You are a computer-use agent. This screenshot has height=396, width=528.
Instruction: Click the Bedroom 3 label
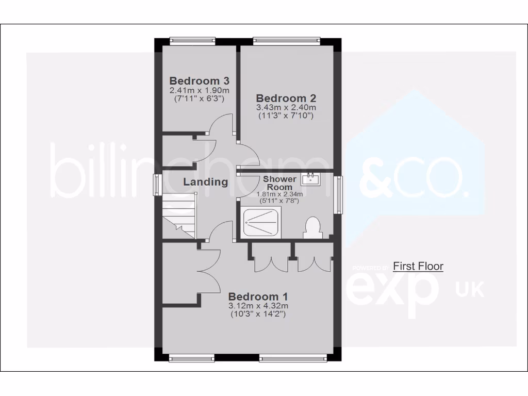(x=199, y=81)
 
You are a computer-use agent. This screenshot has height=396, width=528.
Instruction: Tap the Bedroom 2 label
(x=286, y=98)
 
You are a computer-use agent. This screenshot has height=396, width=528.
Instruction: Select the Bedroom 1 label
(x=258, y=296)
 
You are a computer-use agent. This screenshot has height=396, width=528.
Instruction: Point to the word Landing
(x=205, y=181)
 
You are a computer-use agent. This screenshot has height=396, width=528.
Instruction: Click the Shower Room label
(x=280, y=183)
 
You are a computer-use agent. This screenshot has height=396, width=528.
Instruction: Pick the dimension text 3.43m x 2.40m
(x=286, y=107)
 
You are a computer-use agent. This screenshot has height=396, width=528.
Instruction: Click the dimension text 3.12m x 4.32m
(x=258, y=306)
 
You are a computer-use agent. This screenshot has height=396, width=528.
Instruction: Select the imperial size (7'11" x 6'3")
(x=199, y=98)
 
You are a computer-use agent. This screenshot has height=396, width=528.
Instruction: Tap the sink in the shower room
(x=311, y=179)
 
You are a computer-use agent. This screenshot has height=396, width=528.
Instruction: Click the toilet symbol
(x=311, y=228)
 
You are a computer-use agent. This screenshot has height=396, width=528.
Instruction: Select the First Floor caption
(x=418, y=267)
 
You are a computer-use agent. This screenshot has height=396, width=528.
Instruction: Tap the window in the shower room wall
(x=338, y=195)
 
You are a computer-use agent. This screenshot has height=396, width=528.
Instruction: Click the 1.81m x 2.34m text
(x=280, y=194)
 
